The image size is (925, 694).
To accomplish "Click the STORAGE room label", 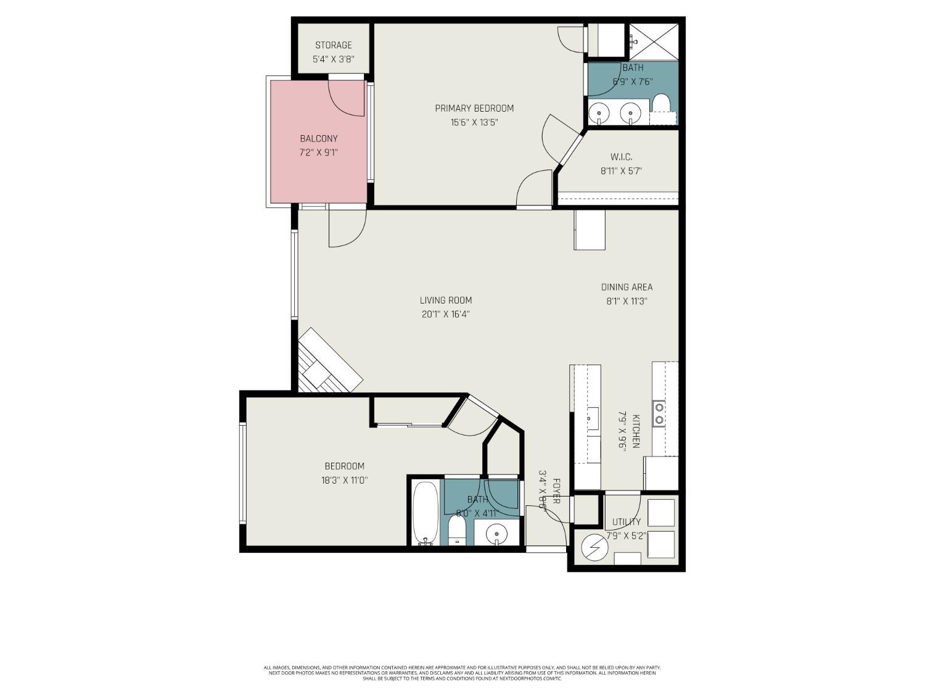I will [x=333, y=45].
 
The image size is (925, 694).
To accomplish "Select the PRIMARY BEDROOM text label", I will [x=474, y=109].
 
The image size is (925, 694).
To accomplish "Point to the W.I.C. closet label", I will [x=621, y=157].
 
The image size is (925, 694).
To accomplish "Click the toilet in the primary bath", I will [x=661, y=104].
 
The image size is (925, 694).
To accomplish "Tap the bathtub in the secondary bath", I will [x=425, y=513].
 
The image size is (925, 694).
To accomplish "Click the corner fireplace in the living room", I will [x=327, y=364].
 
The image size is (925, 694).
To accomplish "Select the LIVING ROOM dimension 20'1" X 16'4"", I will [x=446, y=314].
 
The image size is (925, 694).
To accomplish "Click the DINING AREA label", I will [x=627, y=287].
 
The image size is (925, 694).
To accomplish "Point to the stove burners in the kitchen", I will [x=659, y=413].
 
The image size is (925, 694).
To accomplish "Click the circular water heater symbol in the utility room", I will [x=594, y=545].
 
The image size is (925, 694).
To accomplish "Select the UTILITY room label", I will [x=627, y=522].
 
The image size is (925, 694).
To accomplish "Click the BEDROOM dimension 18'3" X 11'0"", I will [x=344, y=480].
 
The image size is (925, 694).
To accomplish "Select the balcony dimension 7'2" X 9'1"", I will [x=318, y=152].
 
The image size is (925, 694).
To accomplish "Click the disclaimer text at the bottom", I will [x=462, y=672].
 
